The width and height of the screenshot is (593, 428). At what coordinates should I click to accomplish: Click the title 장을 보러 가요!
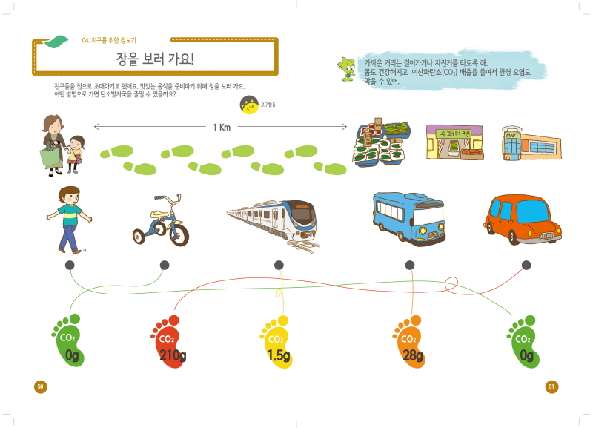click(154, 59)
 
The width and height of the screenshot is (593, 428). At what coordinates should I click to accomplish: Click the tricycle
click(161, 222)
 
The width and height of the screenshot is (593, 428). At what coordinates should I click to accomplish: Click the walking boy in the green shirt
click(68, 219)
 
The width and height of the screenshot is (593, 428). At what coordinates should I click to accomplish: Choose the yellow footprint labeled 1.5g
click(278, 343)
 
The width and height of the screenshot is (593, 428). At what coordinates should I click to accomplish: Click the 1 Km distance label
click(222, 128)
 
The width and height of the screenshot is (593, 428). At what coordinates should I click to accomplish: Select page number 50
click(42, 386)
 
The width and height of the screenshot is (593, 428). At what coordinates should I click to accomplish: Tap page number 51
click(551, 386)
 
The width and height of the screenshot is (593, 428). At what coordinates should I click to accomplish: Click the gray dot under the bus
click(410, 265)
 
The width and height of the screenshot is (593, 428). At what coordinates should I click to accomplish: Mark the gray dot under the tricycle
click(165, 265)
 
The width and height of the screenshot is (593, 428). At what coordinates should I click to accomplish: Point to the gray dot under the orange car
click(526, 265)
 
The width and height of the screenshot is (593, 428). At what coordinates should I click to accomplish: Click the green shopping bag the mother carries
click(51, 155)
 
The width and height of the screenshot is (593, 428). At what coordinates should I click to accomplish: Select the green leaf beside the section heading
click(56, 42)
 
